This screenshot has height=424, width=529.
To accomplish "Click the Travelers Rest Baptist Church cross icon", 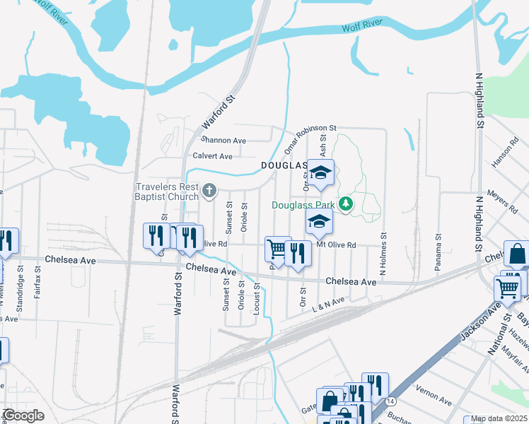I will [x=209, y=190].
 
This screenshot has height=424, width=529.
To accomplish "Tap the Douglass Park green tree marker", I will [x=346, y=204].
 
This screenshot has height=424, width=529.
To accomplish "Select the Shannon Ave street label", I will [x=223, y=141].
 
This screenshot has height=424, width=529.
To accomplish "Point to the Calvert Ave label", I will [x=212, y=156].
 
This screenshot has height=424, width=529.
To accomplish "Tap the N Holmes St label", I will [x=383, y=254].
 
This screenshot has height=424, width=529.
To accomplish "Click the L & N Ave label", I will [x=327, y=302].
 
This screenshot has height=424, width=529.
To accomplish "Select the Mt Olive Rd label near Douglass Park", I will [x=335, y=245].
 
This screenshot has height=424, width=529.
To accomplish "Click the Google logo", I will [x=23, y=416].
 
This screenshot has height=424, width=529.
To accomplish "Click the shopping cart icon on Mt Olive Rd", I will [x=277, y=249].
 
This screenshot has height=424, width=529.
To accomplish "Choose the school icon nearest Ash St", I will [x=320, y=172].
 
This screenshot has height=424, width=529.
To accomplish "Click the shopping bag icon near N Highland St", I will [x=518, y=254].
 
